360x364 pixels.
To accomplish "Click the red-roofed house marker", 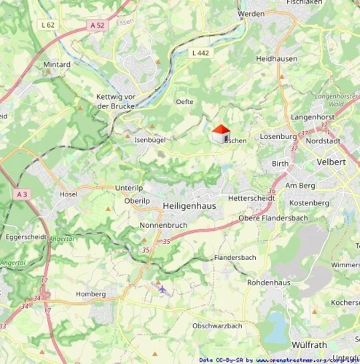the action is pyautogui.click(x=219, y=134).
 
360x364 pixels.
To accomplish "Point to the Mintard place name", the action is pyautogui.click(x=57, y=64).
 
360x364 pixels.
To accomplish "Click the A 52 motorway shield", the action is pyautogui.click(x=98, y=25).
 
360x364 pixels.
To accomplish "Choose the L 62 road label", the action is pyautogui.click(x=48, y=25).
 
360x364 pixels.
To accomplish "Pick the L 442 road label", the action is pyautogui.click(x=200, y=52).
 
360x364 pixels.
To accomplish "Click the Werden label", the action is pyautogui.click(x=251, y=14).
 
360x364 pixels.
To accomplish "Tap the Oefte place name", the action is pyautogui.click(x=184, y=102).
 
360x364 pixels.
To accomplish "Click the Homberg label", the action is pyautogui.click(x=91, y=294).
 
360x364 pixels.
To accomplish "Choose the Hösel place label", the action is pyautogui.click(x=69, y=194).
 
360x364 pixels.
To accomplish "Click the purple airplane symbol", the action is pyautogui.click(x=162, y=290).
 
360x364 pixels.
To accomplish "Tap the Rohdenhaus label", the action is pyautogui.click(x=270, y=282).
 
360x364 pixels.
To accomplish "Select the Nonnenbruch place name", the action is pyautogui.click(x=164, y=226).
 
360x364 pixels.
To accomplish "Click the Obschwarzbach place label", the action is pyautogui.click(x=217, y=325).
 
